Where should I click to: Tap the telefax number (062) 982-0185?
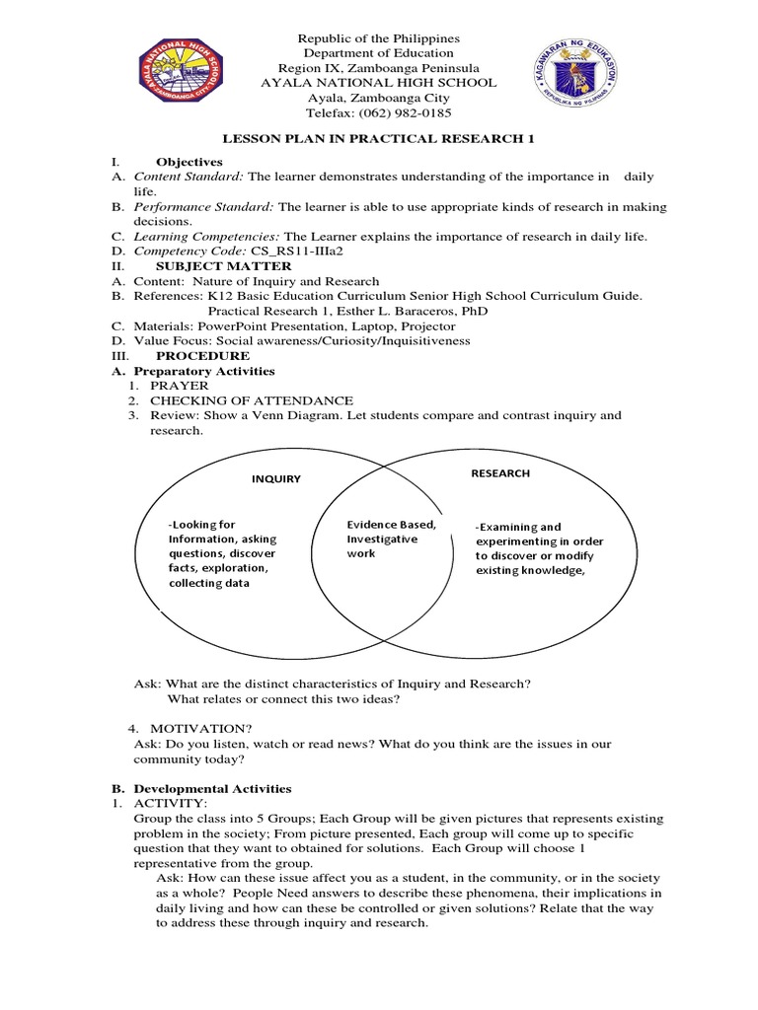point(406,113)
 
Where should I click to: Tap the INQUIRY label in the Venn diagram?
point(276,479)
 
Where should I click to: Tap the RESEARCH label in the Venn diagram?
point(499,473)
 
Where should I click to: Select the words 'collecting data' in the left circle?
point(209,583)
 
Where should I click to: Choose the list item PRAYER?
point(180,386)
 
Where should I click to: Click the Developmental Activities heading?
point(212,788)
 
